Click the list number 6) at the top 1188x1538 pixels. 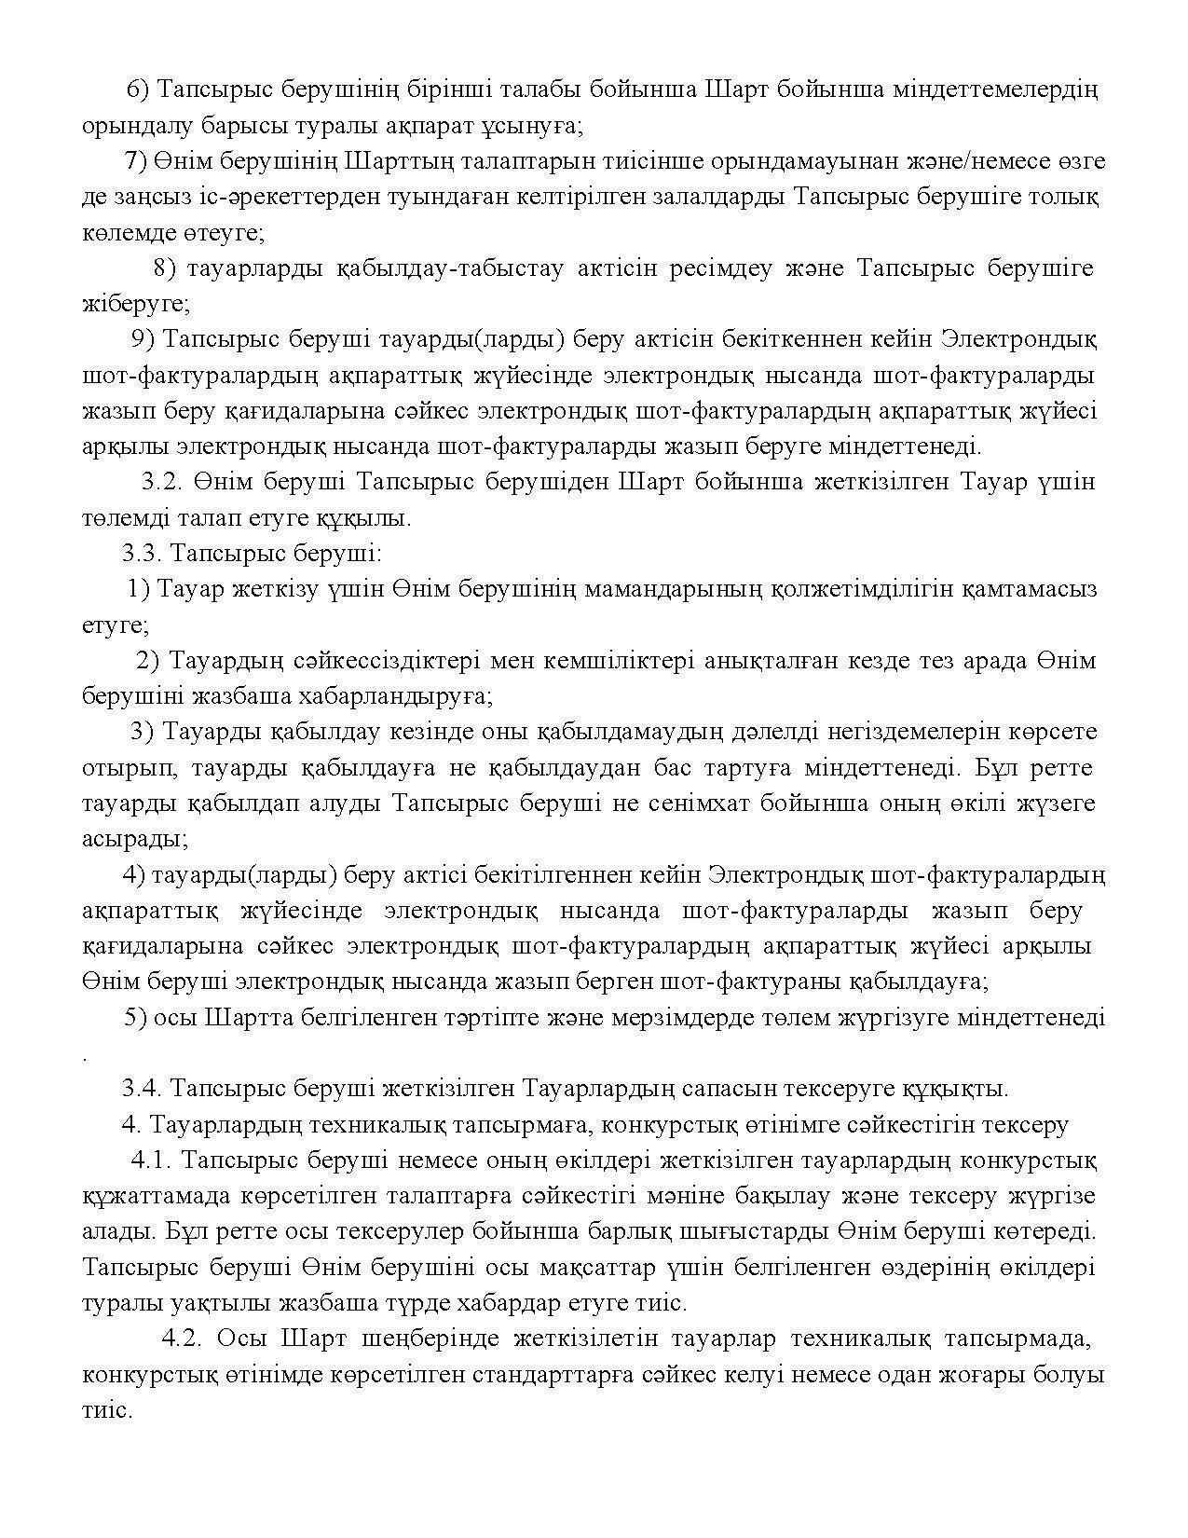coord(137,89)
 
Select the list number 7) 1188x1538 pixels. coord(135,161)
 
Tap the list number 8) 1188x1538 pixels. coord(164,268)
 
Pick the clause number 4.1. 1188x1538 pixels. coord(151,1160)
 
